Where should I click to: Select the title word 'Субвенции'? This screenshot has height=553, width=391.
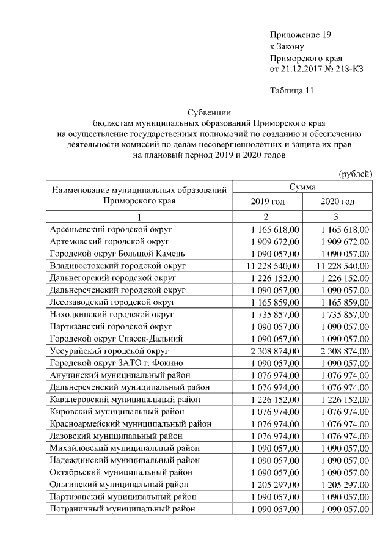[208, 112]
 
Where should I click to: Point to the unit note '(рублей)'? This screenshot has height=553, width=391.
[355, 174]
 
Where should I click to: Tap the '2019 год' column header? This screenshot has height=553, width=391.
[268, 202]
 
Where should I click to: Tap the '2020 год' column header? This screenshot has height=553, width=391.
[337, 202]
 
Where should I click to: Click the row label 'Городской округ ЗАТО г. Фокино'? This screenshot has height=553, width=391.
[113, 363]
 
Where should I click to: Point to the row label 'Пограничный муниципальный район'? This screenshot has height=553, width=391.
[122, 508]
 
